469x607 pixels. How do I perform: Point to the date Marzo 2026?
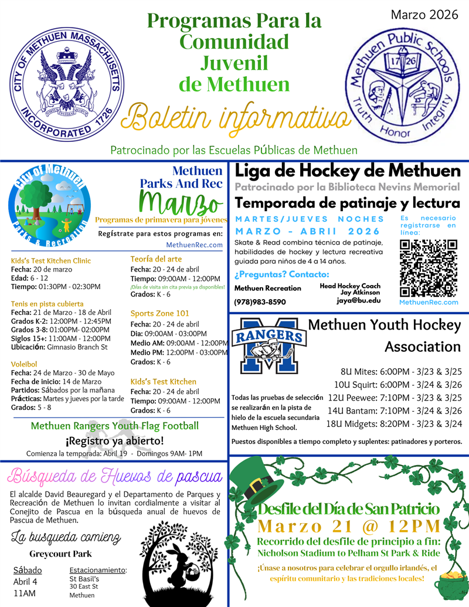424,15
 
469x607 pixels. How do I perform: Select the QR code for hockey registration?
428,267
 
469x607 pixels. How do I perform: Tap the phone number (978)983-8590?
260,301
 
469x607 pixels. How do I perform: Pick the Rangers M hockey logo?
268,345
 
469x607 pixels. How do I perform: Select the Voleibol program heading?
25,364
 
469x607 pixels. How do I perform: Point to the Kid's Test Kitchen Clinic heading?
51,260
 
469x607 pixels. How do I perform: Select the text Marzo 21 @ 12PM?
348,524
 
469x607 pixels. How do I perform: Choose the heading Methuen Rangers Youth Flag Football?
115,426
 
